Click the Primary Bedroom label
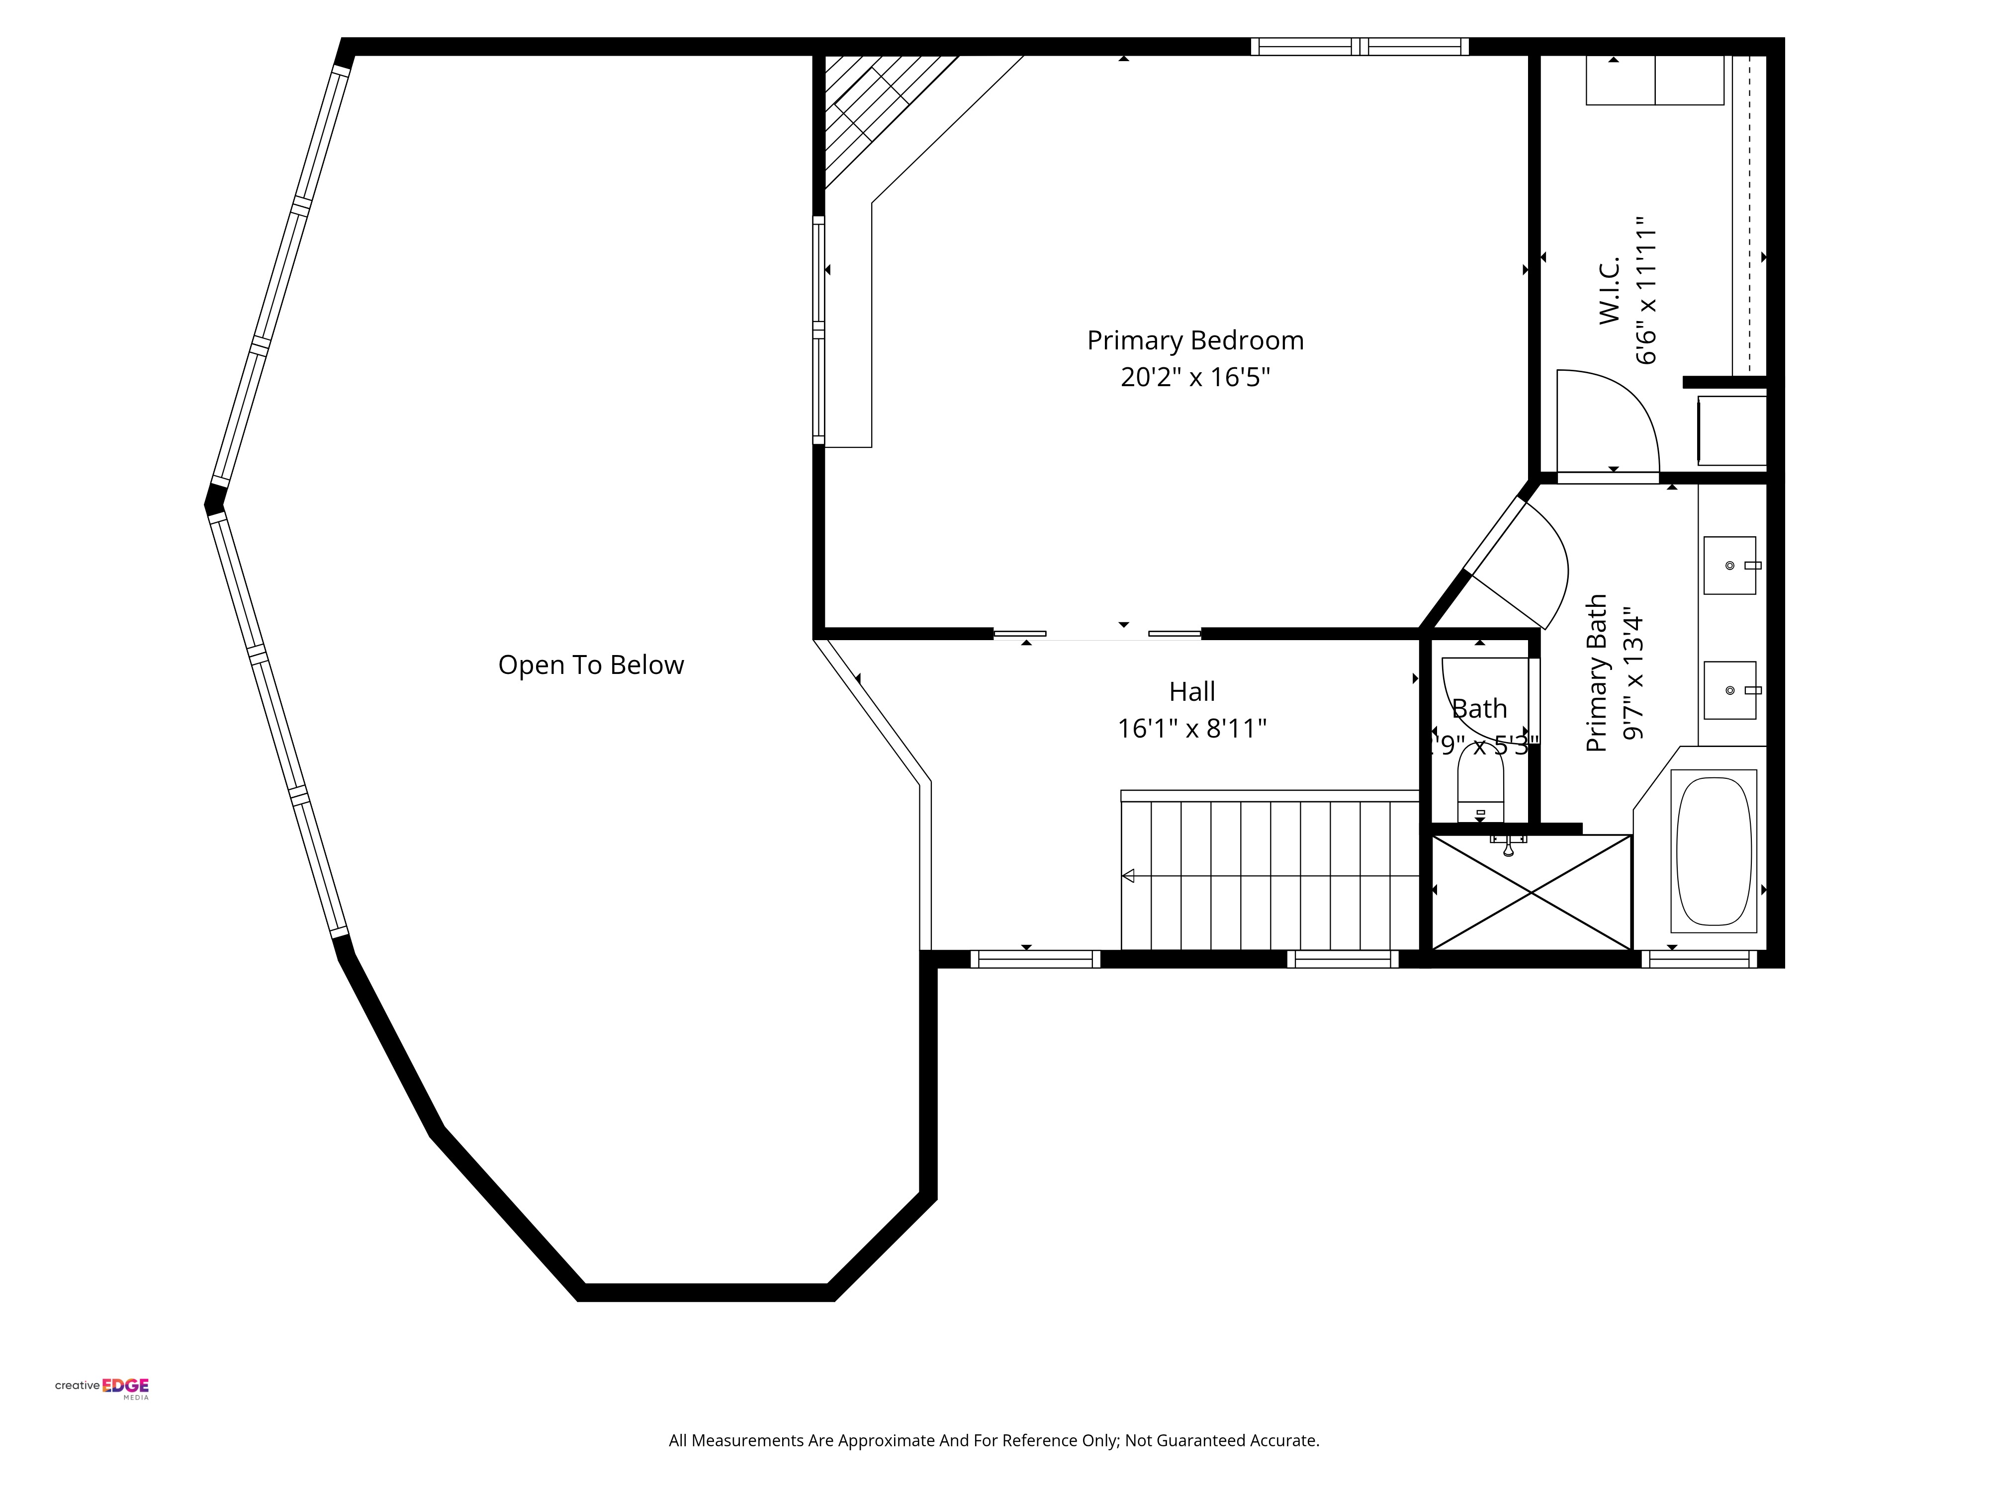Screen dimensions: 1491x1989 (x=1195, y=340)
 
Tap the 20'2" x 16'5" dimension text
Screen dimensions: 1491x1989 (x=1195, y=377)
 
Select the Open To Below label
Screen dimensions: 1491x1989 (x=591, y=665)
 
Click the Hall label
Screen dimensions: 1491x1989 (x=1191, y=692)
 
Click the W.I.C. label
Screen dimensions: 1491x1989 (x=1610, y=289)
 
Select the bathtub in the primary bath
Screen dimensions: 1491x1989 (x=1714, y=851)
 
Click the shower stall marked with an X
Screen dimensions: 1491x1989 (x=1531, y=893)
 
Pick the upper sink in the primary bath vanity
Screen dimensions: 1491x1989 (x=1729, y=565)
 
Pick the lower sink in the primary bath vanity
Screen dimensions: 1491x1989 (x=1729, y=690)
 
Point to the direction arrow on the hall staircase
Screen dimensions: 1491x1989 (x=1128, y=875)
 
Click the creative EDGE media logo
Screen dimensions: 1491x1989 (x=101, y=1387)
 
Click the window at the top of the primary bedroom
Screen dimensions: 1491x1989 (x=1358, y=47)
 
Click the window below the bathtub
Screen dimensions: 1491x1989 (x=1699, y=959)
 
